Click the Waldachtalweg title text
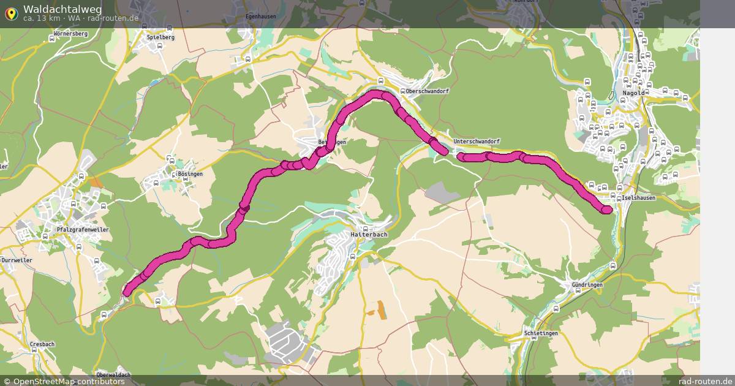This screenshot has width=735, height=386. click(x=62, y=9)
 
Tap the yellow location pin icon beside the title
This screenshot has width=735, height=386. click(x=11, y=13)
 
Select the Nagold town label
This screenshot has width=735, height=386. click(x=633, y=93)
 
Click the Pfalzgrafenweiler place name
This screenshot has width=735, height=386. click(x=82, y=230)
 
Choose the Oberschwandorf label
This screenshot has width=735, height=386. click(x=428, y=91)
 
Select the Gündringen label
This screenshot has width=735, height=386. click(x=587, y=285)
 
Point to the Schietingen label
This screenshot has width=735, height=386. click(x=541, y=333)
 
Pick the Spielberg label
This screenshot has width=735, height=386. click(x=160, y=37)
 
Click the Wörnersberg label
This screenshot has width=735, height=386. click(x=70, y=33)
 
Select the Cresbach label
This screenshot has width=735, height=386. click(x=42, y=344)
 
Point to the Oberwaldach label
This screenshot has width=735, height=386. click(x=113, y=375)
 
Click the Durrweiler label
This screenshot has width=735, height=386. click(x=17, y=260)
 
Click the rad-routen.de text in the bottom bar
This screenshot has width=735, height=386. click(x=706, y=382)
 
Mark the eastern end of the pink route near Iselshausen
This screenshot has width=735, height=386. click(x=607, y=210)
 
